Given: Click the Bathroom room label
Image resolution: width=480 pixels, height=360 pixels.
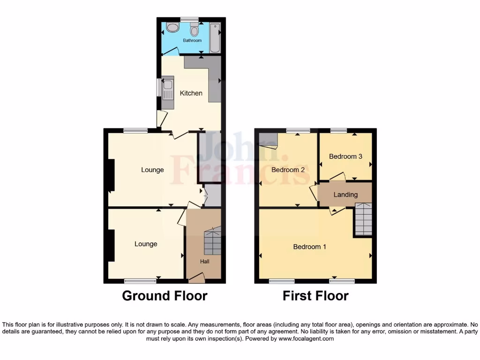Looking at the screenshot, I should point(192,41).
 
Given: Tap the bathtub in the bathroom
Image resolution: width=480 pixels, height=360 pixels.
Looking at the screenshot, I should point(215,37).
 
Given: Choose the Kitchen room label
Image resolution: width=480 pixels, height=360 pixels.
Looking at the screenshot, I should point(191,93).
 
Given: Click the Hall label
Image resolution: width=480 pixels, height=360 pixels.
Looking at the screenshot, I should point(205,262).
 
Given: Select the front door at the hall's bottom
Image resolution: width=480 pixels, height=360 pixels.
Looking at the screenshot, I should point(197,280).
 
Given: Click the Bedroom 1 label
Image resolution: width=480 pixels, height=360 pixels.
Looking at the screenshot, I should point(309,247).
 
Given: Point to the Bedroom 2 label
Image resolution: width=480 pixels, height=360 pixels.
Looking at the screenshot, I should point(288,170).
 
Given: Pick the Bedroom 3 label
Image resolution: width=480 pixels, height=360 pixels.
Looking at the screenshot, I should point(345,157).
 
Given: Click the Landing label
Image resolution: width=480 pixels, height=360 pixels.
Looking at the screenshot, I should point(345,195).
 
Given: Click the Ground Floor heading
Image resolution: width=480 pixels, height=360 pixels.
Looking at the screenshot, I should point(165,296).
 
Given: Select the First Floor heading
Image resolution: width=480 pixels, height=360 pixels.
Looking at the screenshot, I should point(315,296).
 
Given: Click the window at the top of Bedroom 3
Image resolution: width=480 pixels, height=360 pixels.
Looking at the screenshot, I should point(338,130).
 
